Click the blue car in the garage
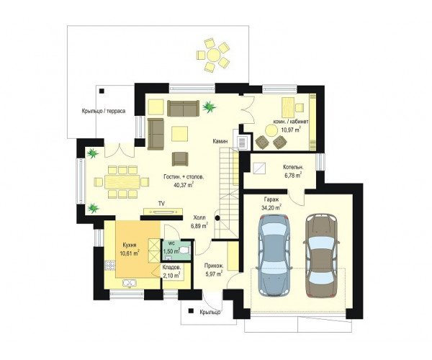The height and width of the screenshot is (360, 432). tap(274, 256)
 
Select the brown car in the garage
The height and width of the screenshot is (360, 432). tap(321, 256)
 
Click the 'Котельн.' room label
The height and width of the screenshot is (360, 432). tap(293, 167)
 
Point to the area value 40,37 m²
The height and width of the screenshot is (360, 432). tap(184, 184)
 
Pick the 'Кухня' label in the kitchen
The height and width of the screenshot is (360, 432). tap(130, 245)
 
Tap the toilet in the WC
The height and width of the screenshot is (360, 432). tap(186, 251)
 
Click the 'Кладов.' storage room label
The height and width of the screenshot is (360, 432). tap(171, 267)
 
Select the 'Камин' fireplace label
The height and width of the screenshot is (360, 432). tap(220, 141)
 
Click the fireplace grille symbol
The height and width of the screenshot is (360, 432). tap(243, 143)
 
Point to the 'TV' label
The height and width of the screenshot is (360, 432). tap(161, 204)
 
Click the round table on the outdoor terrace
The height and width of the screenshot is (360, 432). tap(213, 55)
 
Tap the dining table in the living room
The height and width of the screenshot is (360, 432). tap(122, 181)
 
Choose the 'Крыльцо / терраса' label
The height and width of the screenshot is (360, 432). tap(104, 111)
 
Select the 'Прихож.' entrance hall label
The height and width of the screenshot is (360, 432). tap(214, 266)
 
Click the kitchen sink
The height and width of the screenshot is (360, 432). tap(130, 283)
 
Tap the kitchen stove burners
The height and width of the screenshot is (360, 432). tap(109, 265)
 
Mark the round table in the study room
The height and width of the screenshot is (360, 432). tap(271, 130)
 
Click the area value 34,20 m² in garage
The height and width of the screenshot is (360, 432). tap(271, 207)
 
